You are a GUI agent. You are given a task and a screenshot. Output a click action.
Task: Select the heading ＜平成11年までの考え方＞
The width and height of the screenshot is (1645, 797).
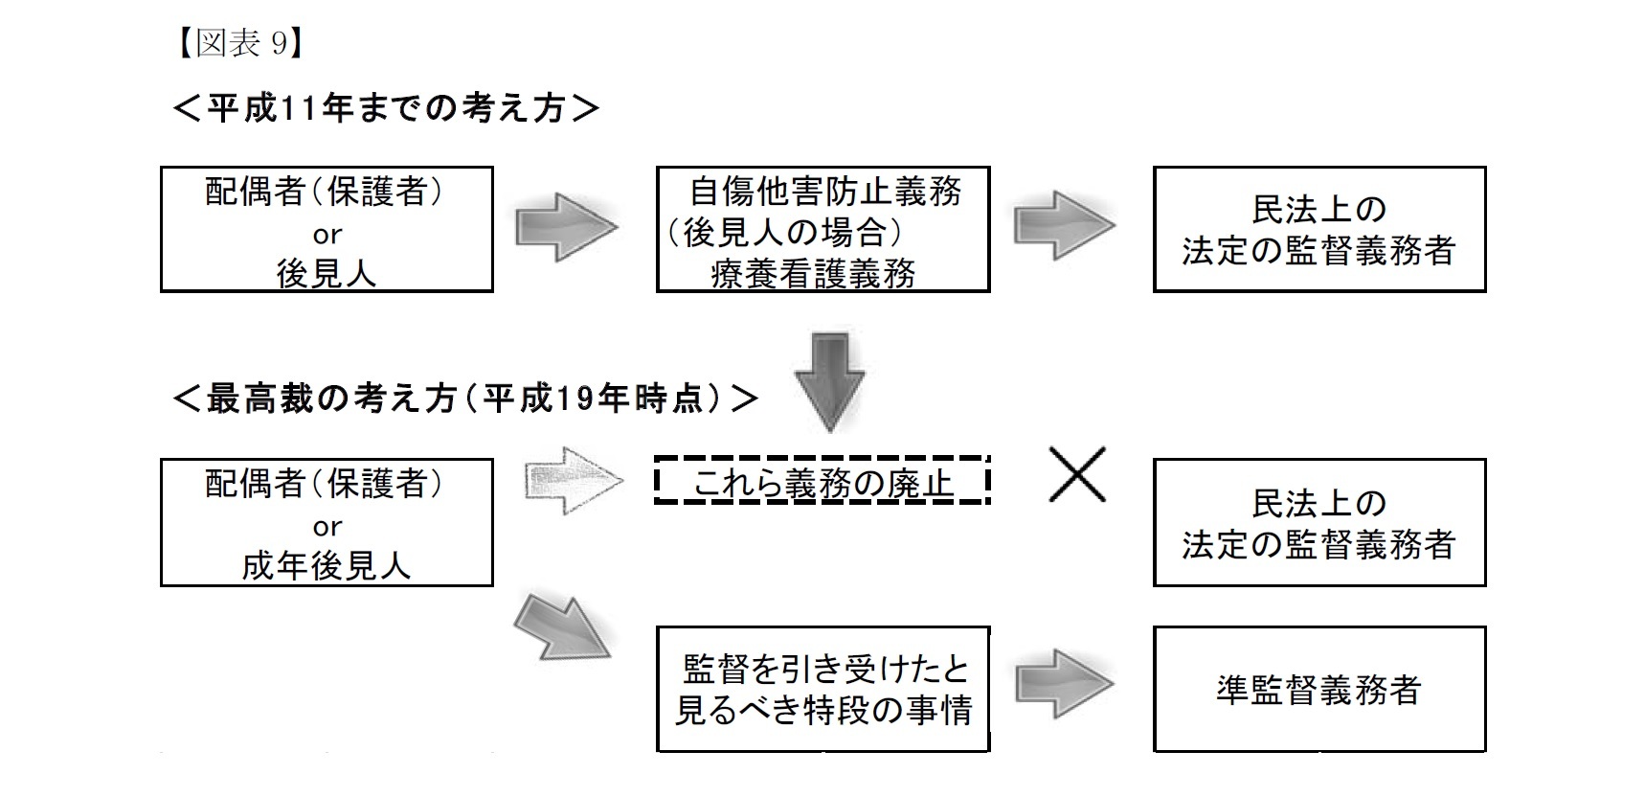pos(386,108)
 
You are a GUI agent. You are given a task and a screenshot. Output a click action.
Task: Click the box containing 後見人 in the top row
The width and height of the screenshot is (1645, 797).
pos(327,230)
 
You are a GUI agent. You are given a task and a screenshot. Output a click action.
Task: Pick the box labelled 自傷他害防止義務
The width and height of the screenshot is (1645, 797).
pos(822,230)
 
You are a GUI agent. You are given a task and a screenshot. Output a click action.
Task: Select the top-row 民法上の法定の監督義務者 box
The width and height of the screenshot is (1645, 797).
pos(1318,230)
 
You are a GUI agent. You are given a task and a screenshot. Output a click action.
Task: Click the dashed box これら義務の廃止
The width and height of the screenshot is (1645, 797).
pos(822,482)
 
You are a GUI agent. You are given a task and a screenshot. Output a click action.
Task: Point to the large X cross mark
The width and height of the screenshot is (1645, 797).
pos(1077,474)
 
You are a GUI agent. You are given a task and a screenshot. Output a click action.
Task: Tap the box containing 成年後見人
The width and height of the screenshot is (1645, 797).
pos(327,523)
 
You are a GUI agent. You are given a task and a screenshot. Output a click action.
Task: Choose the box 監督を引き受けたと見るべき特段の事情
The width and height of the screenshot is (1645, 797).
pos(822,690)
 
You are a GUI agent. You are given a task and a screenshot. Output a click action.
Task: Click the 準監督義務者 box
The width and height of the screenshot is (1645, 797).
pos(1318,690)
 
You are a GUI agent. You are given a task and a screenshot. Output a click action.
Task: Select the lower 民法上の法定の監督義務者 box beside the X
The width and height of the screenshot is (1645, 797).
pos(1318,523)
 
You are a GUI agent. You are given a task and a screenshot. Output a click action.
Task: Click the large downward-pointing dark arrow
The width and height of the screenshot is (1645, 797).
pos(829,380)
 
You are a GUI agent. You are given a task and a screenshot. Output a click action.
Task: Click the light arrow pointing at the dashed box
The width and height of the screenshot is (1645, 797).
pos(572,479)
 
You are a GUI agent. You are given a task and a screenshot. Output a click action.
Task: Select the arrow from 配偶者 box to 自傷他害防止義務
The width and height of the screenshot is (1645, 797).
pos(565,227)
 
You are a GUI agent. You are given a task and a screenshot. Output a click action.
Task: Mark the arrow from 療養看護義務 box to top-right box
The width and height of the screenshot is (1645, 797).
pos(1064,226)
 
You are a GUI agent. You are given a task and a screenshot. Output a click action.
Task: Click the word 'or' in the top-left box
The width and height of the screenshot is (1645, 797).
pos(327,234)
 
